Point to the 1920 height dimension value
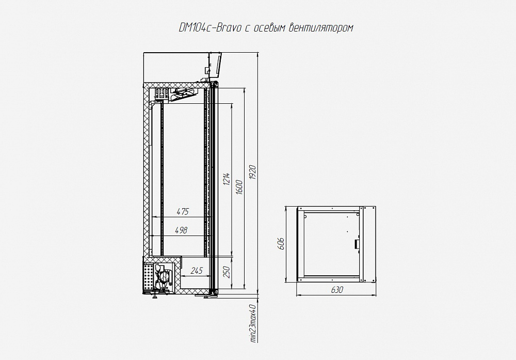pyautogui.click(x=253, y=172)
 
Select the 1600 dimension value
pyautogui.click(x=239, y=187)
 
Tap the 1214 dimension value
pyautogui.click(x=227, y=179)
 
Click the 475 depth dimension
pyautogui.click(x=183, y=211)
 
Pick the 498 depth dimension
pyautogui.click(x=181, y=230)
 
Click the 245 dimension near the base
pyautogui.click(x=197, y=271)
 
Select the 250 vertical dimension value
pyautogui.click(x=227, y=272)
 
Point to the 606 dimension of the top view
pyautogui.click(x=280, y=244)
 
